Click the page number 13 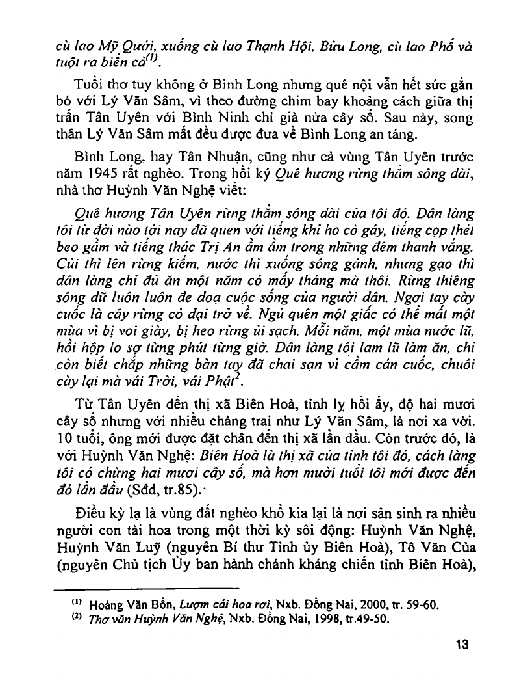pos(462,645)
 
